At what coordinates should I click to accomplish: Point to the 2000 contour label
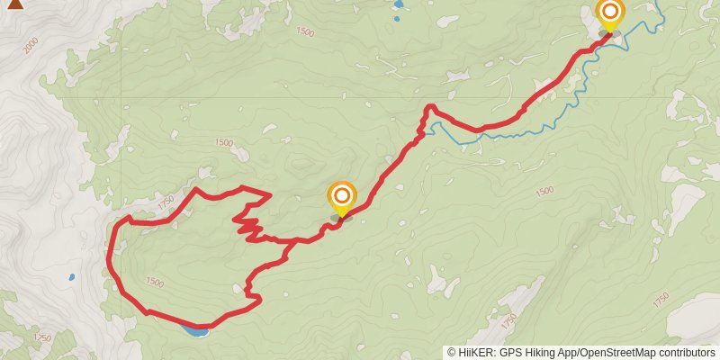coord(32,44)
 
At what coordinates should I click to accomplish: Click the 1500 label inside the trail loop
coord(154,283)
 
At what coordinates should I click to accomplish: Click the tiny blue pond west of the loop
coord(71,278)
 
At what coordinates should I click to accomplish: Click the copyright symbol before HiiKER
coord(453,353)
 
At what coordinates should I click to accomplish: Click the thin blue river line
coord(504,136)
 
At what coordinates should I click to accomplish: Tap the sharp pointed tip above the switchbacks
coord(270,194)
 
